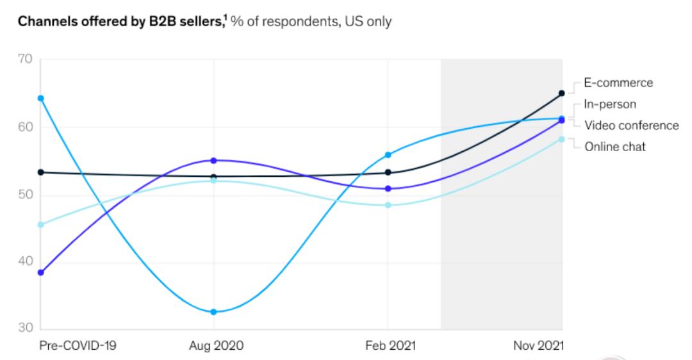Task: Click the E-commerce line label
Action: tap(618, 83)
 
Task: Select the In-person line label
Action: tap(609, 104)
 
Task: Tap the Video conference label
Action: tap(631, 126)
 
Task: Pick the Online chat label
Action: tap(614, 147)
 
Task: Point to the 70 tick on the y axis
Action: tap(25, 59)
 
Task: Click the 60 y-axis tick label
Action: tap(25, 127)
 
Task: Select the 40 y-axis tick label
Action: tap(25, 261)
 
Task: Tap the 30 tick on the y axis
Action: tap(25, 329)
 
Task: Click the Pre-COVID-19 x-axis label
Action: tap(78, 346)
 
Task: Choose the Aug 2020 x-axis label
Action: tap(217, 346)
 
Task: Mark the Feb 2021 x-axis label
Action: tap(390, 346)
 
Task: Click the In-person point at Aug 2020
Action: tap(213, 312)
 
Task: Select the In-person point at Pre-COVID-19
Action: tap(40, 98)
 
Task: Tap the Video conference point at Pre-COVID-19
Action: tap(40, 272)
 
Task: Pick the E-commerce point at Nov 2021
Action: tap(562, 93)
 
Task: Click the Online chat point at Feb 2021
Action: tap(388, 205)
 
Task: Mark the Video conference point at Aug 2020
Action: tap(213, 160)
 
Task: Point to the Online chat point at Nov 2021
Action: tap(562, 139)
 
